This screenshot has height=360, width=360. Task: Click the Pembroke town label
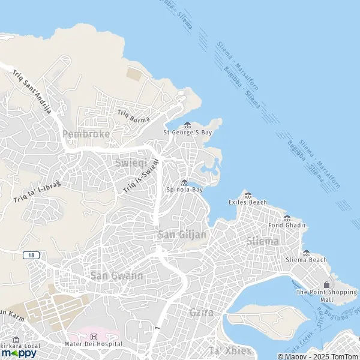click(x=86, y=134)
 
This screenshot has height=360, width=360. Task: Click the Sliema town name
click(x=263, y=241)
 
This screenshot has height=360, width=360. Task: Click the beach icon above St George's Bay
click(x=187, y=125)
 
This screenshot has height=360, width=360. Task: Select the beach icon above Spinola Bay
click(x=184, y=182)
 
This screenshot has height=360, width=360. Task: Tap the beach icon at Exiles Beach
click(x=248, y=195)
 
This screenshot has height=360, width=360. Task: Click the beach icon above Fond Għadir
click(x=287, y=218)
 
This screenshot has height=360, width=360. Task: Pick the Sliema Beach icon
click(x=306, y=253)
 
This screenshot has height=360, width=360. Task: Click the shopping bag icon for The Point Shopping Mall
click(x=326, y=284)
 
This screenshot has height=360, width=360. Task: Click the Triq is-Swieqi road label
click(x=142, y=175)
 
